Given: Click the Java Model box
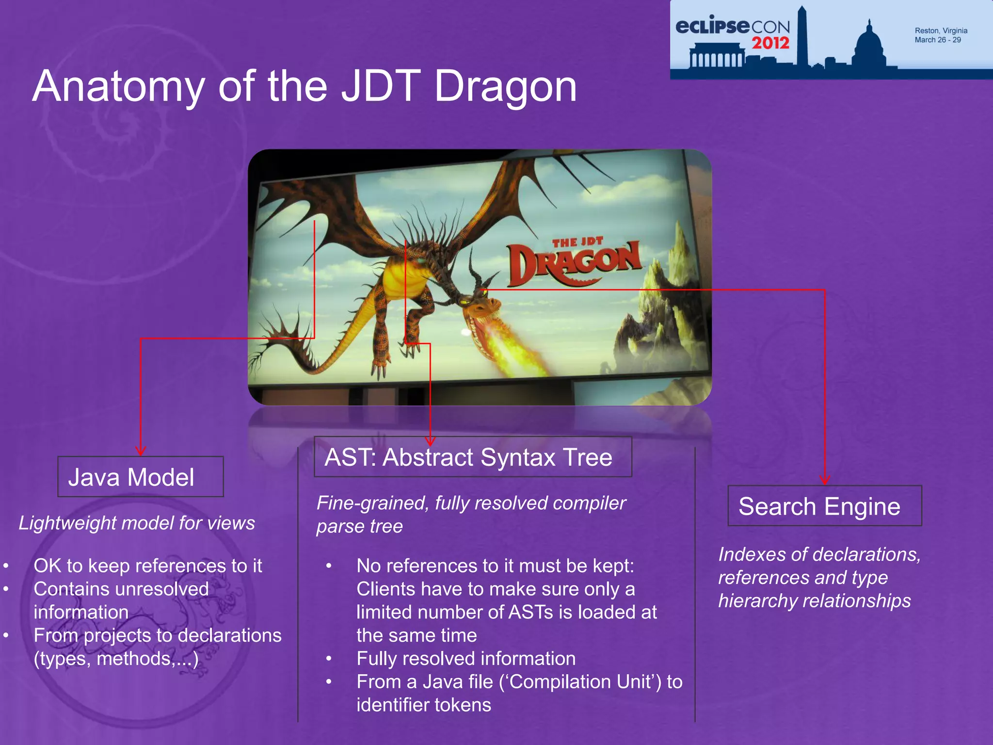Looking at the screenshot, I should pos(140,477).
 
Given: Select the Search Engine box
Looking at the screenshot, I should pos(824,506).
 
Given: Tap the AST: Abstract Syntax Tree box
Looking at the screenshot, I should pos(472,457).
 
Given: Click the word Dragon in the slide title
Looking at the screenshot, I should pos(505,86).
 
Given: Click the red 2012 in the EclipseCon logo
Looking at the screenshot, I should pos(770,43).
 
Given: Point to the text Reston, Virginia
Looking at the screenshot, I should pos(941,31).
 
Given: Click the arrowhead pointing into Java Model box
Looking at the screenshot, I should pos(141,451).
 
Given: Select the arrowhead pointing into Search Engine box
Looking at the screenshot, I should pos(825,480).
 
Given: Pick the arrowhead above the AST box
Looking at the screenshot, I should pos(430,441).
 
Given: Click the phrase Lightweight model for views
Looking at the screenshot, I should pos(137,523).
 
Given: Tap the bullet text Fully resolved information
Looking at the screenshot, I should pos(466,659).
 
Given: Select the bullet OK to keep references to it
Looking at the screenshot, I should pos(148,566).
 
